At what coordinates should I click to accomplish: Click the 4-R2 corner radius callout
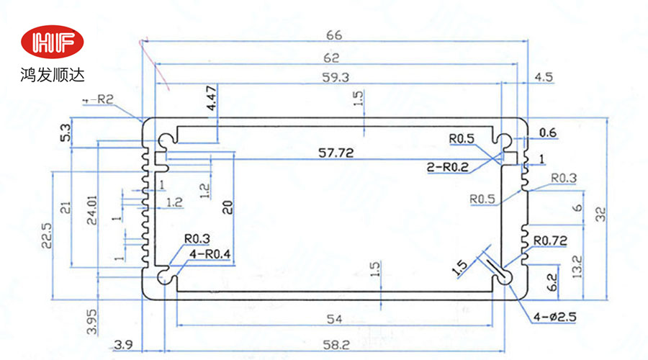[x=98, y=101]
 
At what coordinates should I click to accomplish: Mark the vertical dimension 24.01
[x=91, y=211]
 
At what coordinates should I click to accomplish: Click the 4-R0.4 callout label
[x=210, y=253]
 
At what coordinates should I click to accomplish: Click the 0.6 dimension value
[x=548, y=132]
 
